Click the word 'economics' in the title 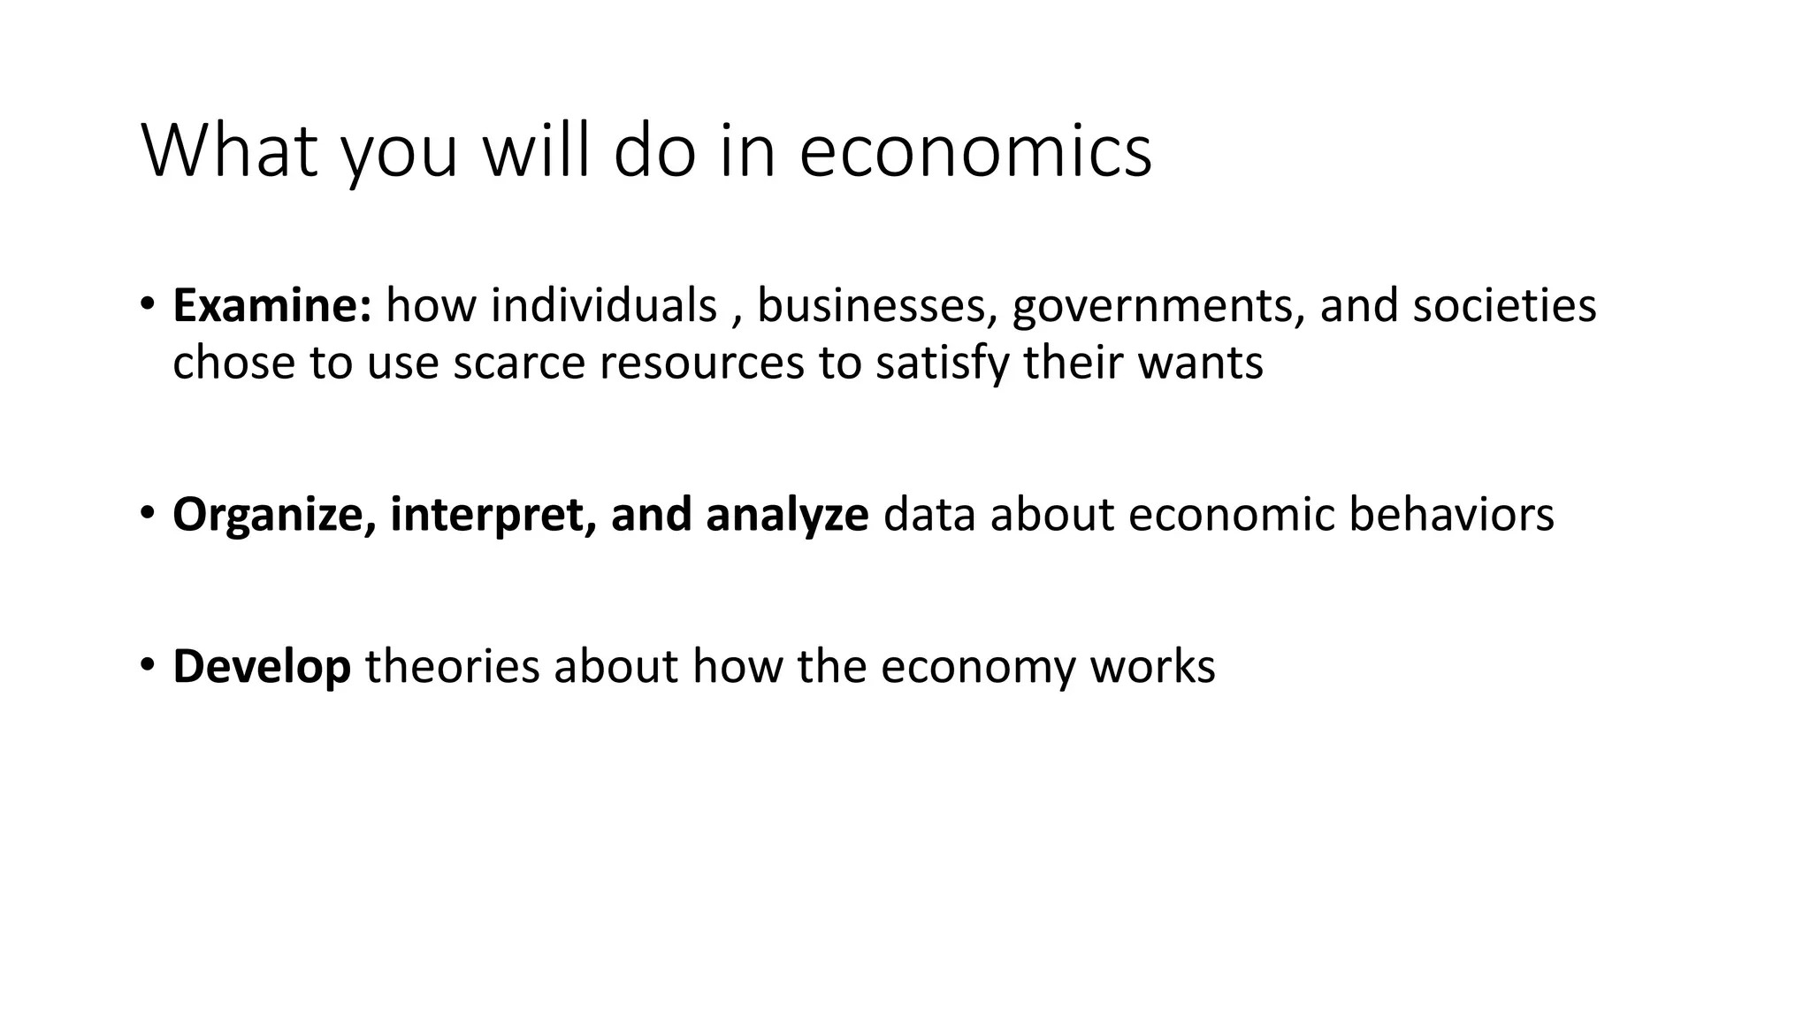point(975,151)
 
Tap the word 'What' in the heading point(229,151)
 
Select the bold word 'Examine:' point(272,306)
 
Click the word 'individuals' point(604,306)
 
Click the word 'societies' point(1504,306)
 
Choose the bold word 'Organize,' point(274,515)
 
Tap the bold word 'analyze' point(787,515)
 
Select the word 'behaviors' point(1451,515)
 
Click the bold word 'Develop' point(262,667)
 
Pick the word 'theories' point(452,667)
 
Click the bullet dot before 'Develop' point(147,664)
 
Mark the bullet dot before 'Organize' point(147,512)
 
